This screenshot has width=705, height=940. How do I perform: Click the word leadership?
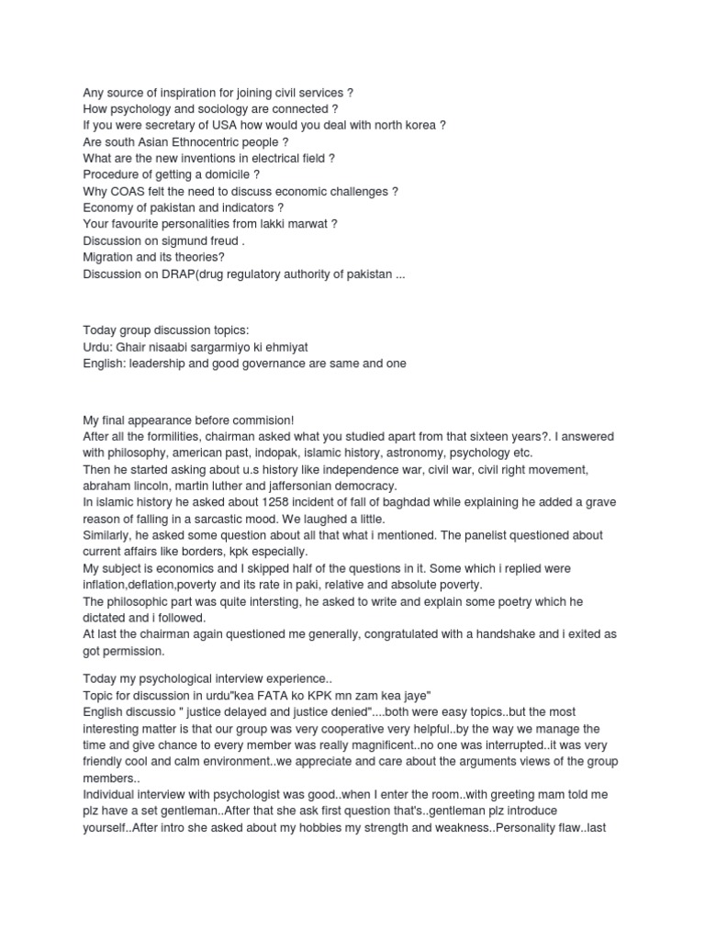(158, 364)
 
